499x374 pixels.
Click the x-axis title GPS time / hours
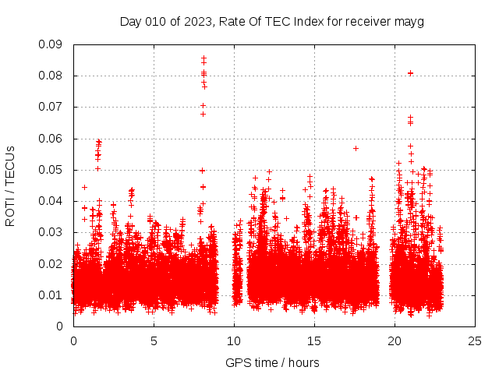pos(272,362)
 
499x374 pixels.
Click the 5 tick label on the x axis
pos(154,340)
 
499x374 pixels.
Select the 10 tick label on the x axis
pos(235,340)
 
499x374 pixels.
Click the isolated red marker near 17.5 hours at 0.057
pos(356,148)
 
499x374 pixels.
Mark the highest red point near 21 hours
pos(411,73)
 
